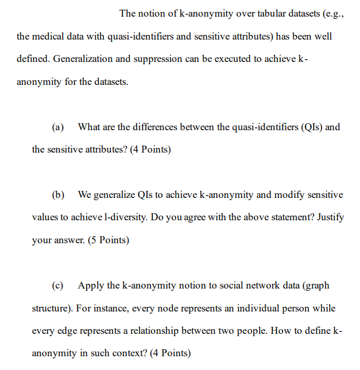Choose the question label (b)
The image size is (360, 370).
(x=58, y=195)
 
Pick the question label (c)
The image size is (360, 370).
(x=58, y=286)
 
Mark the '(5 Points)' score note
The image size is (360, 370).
(x=109, y=240)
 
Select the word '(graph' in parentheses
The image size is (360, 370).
(x=315, y=286)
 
